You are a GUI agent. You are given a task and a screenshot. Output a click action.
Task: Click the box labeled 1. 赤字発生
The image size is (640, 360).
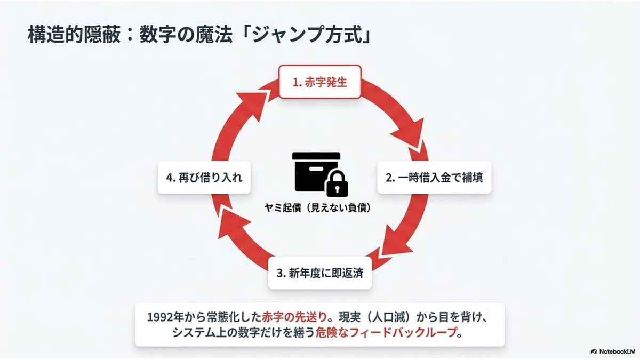(319, 82)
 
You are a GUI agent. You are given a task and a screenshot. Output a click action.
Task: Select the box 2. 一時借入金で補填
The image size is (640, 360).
(434, 178)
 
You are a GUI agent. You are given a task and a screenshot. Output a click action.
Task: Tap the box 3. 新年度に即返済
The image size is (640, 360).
(319, 273)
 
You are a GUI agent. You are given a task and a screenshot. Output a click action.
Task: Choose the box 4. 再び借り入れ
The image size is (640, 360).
(204, 178)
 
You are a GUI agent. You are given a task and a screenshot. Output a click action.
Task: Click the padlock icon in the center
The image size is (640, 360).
(337, 183)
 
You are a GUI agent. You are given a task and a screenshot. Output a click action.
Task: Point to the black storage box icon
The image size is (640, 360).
(316, 172)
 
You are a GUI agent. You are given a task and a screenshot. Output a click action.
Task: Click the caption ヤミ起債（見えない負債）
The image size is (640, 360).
(317, 207)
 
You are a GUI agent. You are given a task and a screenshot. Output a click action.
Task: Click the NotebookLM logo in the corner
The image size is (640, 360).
(613, 351)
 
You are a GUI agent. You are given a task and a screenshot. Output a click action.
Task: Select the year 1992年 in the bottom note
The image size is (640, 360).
(165, 317)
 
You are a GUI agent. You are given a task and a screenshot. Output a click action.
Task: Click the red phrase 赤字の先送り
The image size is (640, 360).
(294, 317)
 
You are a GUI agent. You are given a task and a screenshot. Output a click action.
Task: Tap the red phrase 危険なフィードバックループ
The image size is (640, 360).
(386, 333)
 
